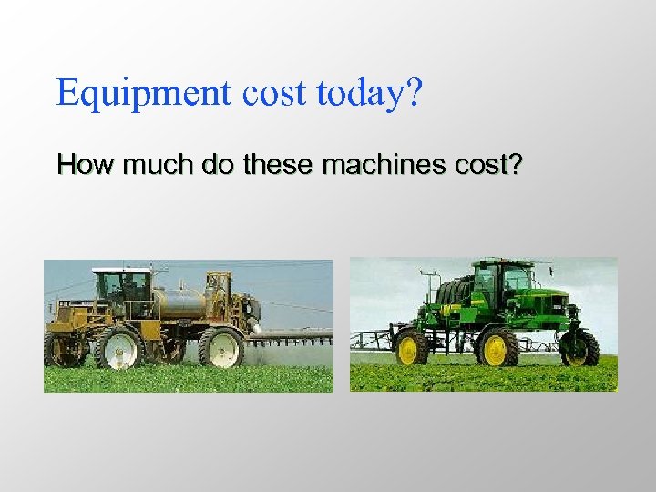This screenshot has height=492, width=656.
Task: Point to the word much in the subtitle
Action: (140, 165)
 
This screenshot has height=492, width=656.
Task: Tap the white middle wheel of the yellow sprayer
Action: (119, 349)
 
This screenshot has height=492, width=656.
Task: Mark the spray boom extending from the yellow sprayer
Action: (292, 336)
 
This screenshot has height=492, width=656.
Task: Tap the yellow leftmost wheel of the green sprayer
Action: (412, 348)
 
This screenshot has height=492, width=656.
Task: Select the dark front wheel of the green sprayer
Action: (579, 347)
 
